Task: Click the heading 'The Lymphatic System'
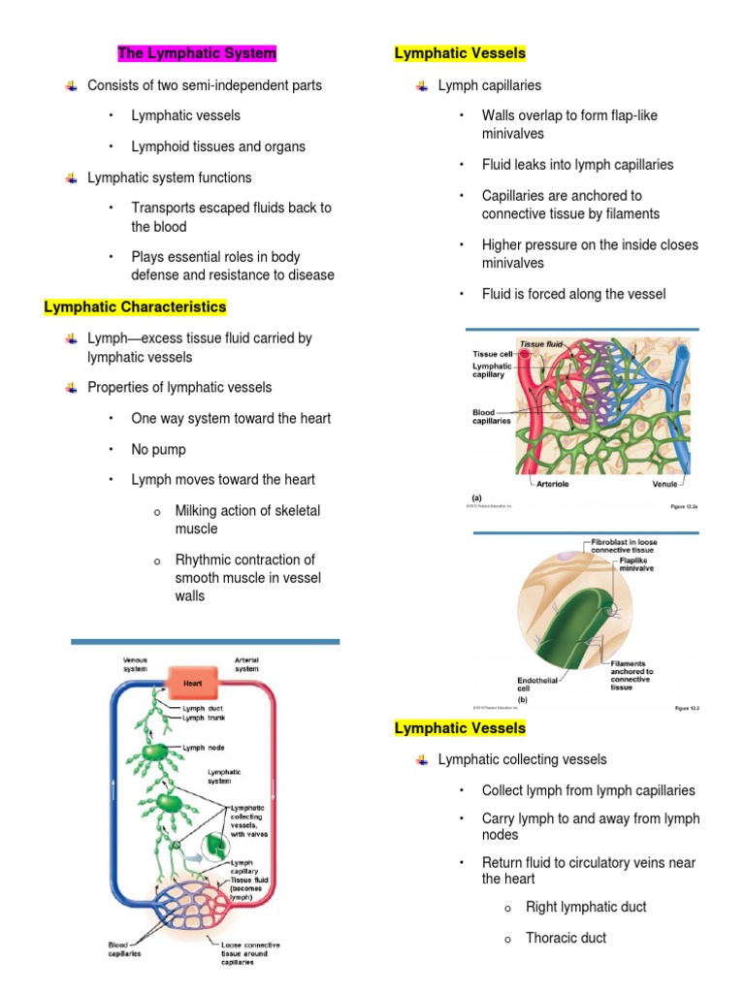(x=197, y=53)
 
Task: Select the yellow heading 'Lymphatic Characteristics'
(x=135, y=307)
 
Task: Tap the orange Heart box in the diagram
(x=192, y=683)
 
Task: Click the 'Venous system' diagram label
(x=135, y=664)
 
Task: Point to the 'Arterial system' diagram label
(x=246, y=664)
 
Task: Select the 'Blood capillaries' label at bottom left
(x=123, y=949)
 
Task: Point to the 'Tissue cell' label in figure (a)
(x=492, y=354)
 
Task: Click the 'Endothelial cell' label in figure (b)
(x=536, y=685)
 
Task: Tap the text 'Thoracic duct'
(x=566, y=938)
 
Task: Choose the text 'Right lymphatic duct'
(x=586, y=907)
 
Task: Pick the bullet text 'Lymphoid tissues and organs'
(x=218, y=146)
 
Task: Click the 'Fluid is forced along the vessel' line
(x=573, y=294)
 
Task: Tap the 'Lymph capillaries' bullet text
(x=490, y=85)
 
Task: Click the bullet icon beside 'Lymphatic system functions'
(x=71, y=178)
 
